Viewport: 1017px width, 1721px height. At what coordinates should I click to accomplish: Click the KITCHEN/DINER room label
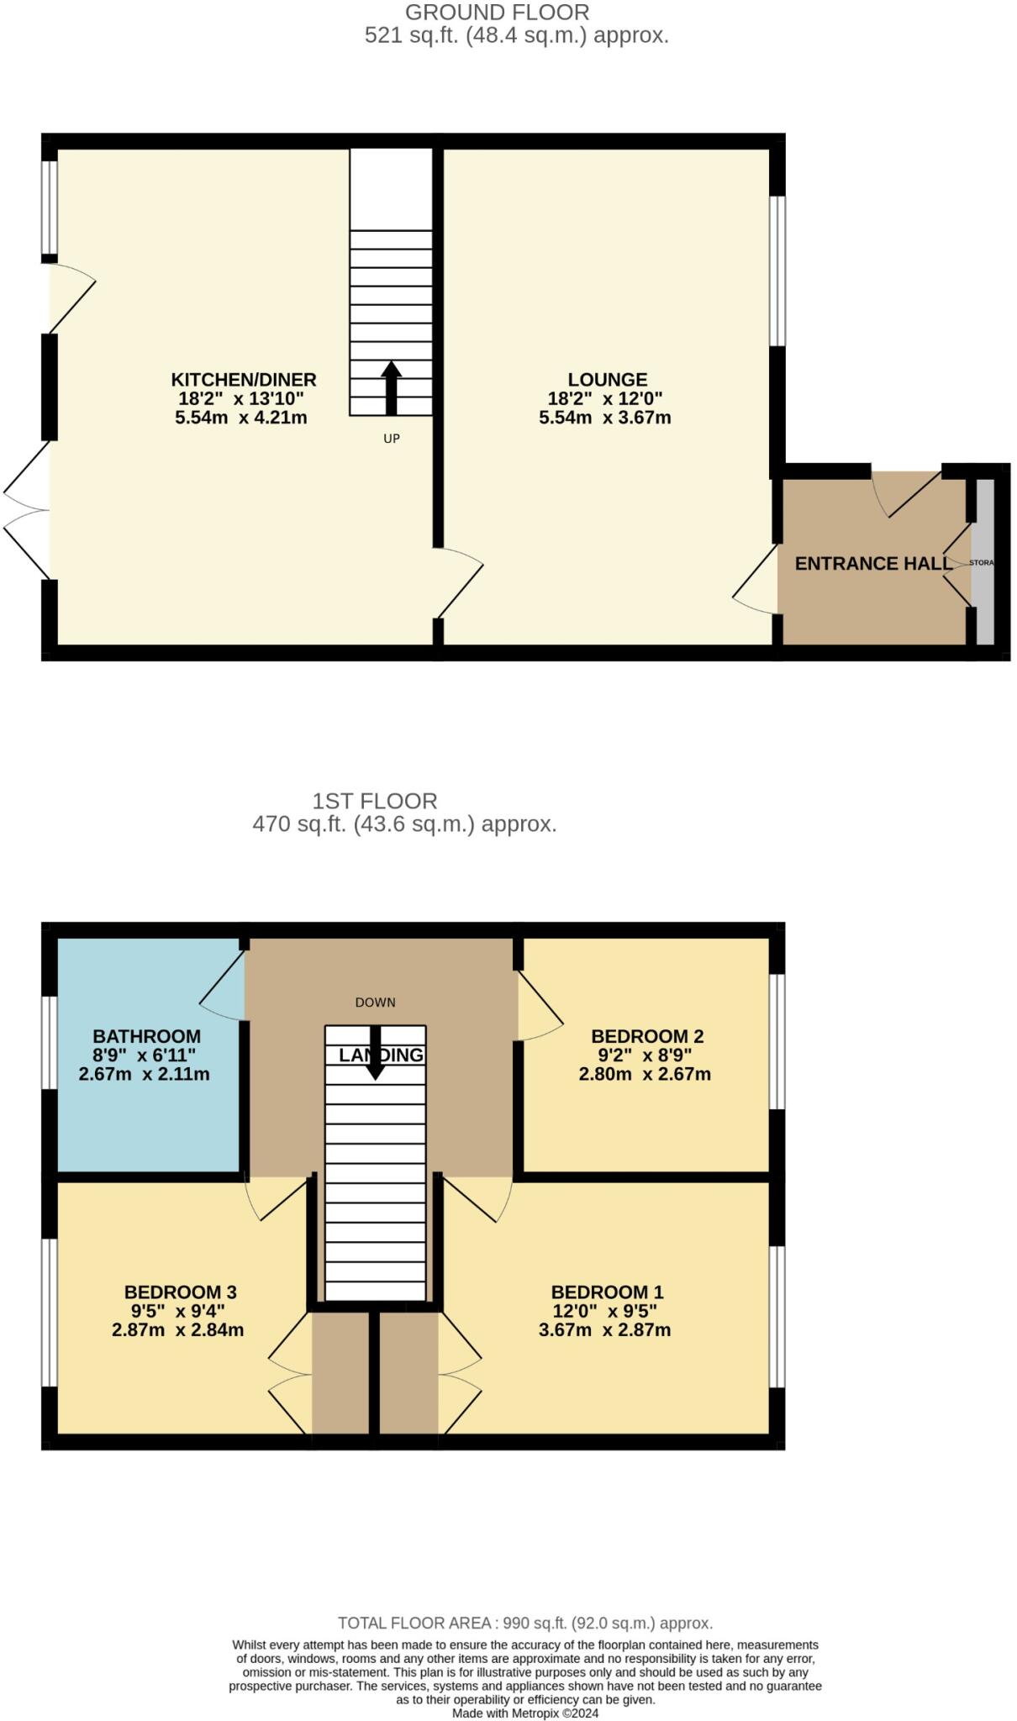(x=244, y=379)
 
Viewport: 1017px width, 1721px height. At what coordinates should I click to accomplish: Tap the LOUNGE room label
(x=607, y=379)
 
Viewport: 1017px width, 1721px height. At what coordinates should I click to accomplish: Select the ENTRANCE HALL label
(x=873, y=564)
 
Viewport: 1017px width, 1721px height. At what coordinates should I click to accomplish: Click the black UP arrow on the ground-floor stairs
(x=392, y=387)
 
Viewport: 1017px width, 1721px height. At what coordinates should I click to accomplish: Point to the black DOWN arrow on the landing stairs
(x=376, y=1053)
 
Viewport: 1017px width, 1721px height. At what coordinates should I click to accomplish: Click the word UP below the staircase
(x=392, y=439)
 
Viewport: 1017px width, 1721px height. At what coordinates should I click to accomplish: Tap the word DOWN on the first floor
(x=375, y=1003)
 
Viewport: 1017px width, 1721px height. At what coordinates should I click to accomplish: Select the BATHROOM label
(x=146, y=1036)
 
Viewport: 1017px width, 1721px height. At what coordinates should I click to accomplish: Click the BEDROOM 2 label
(x=647, y=1036)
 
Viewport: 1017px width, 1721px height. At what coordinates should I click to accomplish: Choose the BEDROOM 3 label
(x=180, y=1292)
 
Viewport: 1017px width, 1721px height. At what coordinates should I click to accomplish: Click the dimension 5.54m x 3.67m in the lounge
(x=604, y=418)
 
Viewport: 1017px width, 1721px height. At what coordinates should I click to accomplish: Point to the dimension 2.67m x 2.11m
(x=144, y=1074)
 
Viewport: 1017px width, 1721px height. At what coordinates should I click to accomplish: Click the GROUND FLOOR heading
(x=497, y=13)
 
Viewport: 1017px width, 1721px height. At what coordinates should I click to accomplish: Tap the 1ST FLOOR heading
(x=375, y=801)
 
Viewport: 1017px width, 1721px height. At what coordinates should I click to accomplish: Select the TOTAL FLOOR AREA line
(x=524, y=1623)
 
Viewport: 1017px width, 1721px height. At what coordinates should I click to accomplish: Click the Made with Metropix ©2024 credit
(x=524, y=1713)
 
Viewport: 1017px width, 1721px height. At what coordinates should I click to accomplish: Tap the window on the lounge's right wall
(x=778, y=271)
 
